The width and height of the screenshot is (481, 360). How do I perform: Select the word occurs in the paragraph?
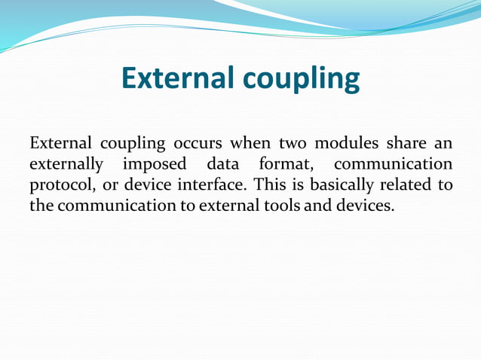(199, 144)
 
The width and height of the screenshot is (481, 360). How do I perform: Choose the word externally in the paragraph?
(66, 165)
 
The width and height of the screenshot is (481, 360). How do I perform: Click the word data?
(225, 164)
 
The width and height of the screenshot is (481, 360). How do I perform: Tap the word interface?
(213, 185)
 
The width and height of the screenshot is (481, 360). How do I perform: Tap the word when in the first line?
(250, 144)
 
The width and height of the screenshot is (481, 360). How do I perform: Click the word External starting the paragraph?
(60, 144)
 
